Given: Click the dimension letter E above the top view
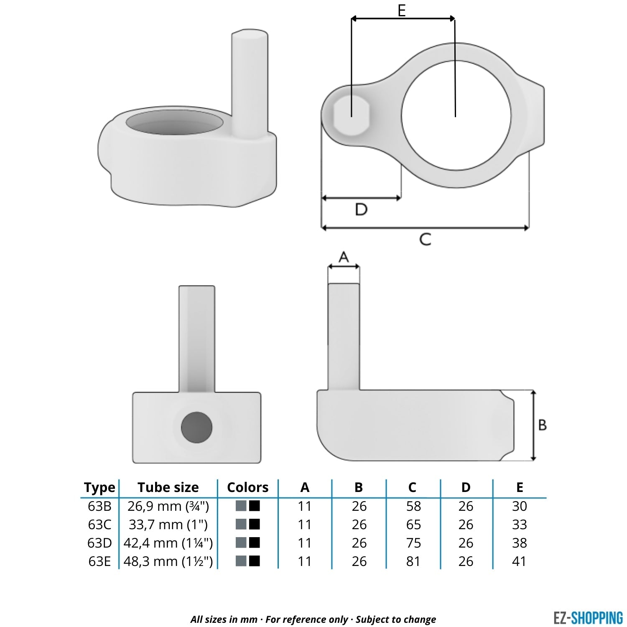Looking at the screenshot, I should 402,10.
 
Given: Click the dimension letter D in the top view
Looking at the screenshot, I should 361,209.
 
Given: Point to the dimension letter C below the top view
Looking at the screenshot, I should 425,240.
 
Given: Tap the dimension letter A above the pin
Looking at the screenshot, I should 344,257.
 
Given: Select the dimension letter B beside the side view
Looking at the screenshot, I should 543,425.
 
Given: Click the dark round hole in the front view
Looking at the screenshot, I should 196,427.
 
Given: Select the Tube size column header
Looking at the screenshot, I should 168,487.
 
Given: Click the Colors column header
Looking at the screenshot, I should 247,487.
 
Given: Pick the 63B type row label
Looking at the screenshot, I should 100,506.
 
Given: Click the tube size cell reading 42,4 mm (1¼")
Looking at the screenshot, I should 168,543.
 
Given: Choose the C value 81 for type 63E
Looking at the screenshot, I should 413,561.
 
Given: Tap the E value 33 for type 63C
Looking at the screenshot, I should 519,525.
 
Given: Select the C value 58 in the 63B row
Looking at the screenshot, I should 413,506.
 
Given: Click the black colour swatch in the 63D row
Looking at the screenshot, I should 254,543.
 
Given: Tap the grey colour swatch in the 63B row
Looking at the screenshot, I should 241,506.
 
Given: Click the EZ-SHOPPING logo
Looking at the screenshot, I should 588,618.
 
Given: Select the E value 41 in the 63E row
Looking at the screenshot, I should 519,561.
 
